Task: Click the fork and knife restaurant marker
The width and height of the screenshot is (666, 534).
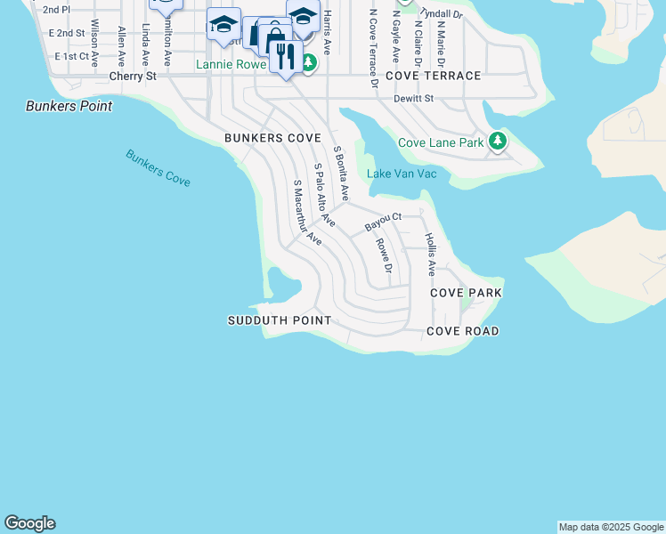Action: tap(286, 57)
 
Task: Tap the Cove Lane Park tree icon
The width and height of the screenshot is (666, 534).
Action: tap(498, 142)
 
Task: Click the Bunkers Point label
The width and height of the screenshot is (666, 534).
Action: tap(69, 106)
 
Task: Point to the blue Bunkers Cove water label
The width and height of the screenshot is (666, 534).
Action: tap(158, 167)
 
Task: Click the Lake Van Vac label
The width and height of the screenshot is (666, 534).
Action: tap(402, 174)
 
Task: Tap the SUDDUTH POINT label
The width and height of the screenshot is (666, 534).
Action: tap(280, 320)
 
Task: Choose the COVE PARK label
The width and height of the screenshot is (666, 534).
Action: tap(466, 293)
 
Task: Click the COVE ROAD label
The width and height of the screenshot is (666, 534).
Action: tap(462, 331)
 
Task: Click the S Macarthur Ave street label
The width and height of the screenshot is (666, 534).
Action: tap(307, 212)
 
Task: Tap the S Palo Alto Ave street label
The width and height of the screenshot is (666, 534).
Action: tap(324, 195)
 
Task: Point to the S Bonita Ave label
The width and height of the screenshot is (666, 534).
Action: tap(340, 174)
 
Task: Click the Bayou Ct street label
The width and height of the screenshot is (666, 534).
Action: tap(384, 222)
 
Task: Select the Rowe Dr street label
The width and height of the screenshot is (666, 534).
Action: tap(384, 255)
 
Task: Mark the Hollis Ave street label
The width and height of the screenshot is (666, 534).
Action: tap(430, 253)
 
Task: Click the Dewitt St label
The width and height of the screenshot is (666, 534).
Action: tap(413, 99)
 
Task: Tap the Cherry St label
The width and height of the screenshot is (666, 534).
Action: tap(133, 77)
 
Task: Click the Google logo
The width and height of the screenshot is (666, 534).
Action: tap(29, 523)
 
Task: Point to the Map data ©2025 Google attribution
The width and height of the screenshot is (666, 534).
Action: tap(611, 528)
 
